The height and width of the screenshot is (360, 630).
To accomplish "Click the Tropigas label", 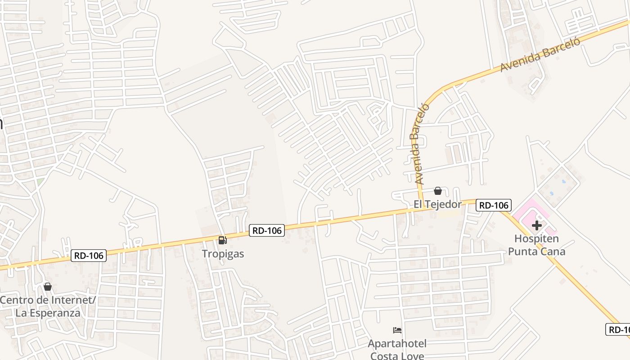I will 223,254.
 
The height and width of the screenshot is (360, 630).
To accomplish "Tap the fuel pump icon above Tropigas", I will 222,240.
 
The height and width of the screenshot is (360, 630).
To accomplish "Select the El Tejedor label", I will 437,204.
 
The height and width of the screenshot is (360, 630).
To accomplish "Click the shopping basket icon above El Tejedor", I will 437,191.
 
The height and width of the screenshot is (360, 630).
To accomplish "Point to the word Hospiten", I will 536,238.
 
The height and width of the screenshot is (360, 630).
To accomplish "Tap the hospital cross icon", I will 536,225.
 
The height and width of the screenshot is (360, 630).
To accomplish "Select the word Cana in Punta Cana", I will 553,251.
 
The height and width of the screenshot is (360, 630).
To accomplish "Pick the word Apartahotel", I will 397,344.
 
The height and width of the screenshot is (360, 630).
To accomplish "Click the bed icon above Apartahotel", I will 397,330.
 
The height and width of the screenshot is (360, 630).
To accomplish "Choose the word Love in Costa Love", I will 412,356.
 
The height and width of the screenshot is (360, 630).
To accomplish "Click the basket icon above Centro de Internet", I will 48,287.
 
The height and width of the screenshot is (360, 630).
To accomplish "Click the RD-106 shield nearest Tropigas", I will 267,231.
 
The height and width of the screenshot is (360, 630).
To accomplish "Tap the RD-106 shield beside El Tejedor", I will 493,205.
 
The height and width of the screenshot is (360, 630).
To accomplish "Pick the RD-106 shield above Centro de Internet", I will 89,256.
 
